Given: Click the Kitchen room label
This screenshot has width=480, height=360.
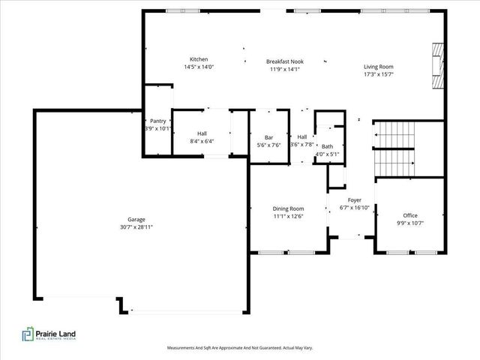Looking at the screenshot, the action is click(199, 59).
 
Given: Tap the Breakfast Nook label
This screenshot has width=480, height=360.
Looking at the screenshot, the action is click(285, 61).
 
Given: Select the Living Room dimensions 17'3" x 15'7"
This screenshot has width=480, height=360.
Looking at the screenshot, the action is click(379, 74).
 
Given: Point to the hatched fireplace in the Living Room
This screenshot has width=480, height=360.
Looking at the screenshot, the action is click(438, 66).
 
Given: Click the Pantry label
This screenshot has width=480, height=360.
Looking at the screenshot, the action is click(158, 121).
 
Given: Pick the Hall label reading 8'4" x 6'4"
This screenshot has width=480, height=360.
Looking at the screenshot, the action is click(202, 137).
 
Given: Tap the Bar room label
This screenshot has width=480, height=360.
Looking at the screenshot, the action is click(268, 138).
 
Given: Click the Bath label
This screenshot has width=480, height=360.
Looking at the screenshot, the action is click(327, 147).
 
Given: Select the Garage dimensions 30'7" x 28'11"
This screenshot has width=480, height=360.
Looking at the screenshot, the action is click(136, 227).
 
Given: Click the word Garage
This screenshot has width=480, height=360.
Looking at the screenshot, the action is click(136, 220).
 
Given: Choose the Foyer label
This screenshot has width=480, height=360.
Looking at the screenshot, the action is click(355, 200).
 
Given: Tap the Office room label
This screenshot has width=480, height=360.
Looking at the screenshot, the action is click(410, 215).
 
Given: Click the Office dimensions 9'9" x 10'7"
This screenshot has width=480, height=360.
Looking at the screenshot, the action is click(410, 223).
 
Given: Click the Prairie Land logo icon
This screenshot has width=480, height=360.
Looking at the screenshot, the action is click(28, 334).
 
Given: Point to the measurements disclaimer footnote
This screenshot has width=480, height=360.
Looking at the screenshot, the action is click(240, 348).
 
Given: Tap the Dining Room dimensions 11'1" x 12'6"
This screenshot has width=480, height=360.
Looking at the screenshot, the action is click(288, 217).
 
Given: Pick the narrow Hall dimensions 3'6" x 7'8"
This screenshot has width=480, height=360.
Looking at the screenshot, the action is click(302, 144).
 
